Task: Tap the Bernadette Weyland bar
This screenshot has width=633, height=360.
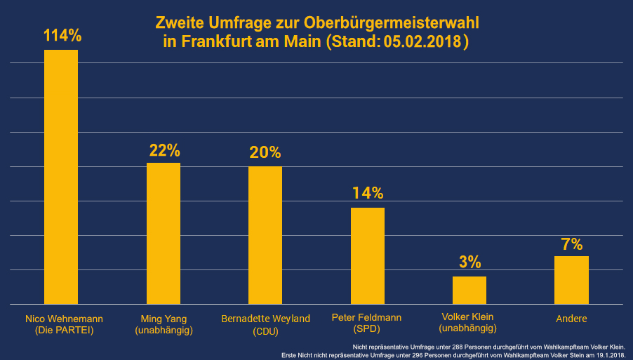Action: click(x=265, y=235)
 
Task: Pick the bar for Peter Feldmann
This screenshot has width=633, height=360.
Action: click(x=367, y=255)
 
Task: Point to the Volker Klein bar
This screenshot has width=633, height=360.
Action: click(x=469, y=290)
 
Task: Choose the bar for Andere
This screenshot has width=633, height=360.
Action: click(x=571, y=280)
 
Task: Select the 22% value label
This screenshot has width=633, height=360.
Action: click(x=164, y=150)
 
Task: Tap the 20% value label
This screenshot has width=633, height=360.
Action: click(x=265, y=153)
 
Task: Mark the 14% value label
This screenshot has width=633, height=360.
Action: click(x=367, y=194)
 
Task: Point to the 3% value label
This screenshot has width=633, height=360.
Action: click(x=469, y=262)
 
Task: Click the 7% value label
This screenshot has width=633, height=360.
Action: click(x=571, y=244)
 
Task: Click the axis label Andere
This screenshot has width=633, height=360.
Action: click(x=571, y=319)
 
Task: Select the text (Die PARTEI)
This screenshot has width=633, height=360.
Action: click(x=63, y=330)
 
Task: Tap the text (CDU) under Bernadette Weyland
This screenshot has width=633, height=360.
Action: click(x=265, y=331)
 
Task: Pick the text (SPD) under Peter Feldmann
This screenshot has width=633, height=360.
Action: click(x=366, y=328)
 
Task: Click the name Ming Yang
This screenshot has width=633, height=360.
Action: click(x=164, y=319)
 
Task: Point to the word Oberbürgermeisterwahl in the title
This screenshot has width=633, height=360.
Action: click(x=392, y=23)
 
